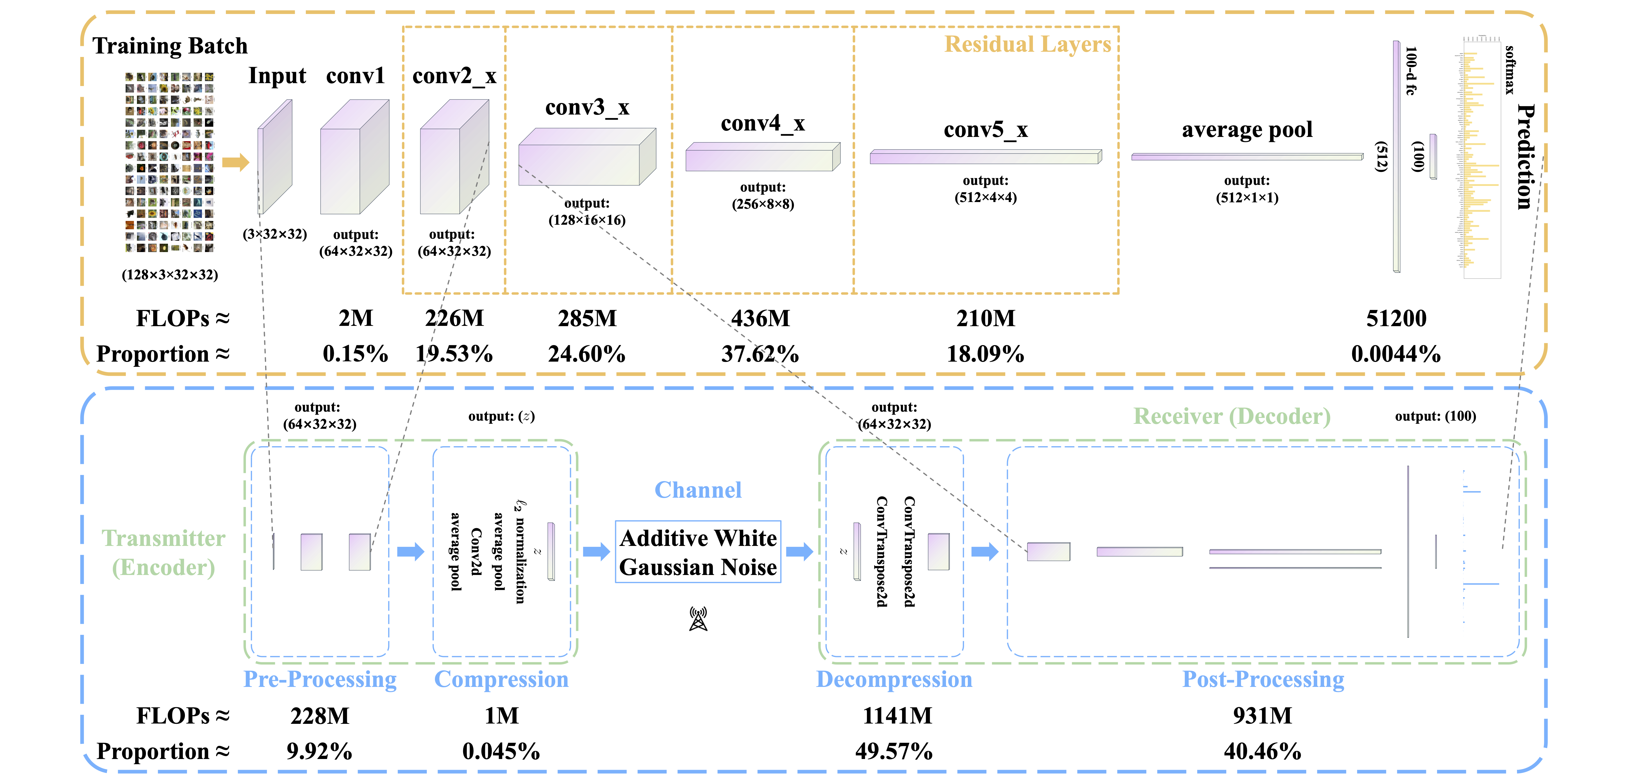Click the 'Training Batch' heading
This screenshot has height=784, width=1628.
point(170,46)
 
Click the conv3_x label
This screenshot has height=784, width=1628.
point(587,107)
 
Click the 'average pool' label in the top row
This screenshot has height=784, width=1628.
point(1247,130)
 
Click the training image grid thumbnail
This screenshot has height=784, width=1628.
point(169,162)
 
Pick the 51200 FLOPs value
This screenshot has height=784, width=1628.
point(1396,318)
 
